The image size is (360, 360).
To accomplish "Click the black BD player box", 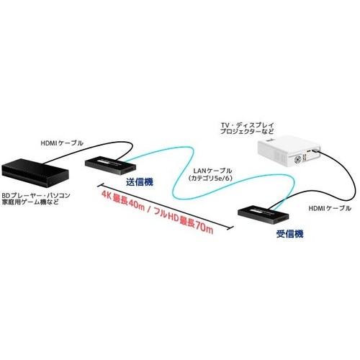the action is (35, 172).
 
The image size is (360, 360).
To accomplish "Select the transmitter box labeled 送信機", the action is (111, 166).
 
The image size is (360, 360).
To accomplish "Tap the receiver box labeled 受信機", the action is (264, 215).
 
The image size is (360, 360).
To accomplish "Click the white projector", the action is (289, 151).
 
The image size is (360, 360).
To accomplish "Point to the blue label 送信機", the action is (140, 182).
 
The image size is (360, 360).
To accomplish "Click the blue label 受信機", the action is (290, 234).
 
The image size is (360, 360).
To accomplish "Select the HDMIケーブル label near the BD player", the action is (62, 143).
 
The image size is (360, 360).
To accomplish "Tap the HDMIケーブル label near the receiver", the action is (330, 208).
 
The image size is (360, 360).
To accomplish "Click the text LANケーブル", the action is (212, 171).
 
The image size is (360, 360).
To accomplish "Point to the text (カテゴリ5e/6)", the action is (210, 179).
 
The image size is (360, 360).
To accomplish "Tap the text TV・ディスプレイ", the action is (248, 125).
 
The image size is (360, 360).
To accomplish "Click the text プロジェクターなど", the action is (247, 132).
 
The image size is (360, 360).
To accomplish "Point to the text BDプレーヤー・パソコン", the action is (36, 195).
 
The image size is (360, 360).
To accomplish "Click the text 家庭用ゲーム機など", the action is (30, 202).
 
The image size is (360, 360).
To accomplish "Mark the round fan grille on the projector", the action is (298, 159).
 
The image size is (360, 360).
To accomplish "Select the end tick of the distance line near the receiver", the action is (230, 228).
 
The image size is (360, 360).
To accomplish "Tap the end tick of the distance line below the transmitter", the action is (100, 185).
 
